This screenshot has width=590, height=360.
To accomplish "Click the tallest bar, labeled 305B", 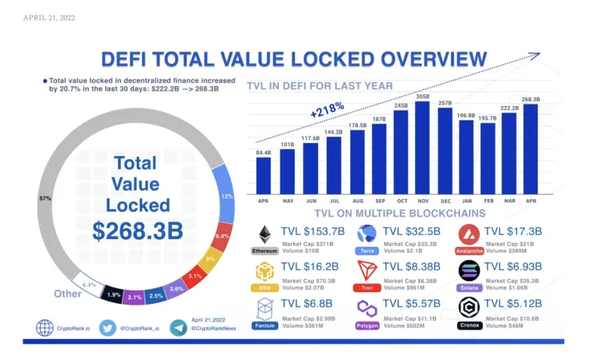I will (x=422, y=148).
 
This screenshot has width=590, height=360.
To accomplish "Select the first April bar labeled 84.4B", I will (x=263, y=176).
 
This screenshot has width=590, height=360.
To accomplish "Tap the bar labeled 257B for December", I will (x=445, y=151).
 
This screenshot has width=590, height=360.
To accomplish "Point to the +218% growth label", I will (x=327, y=109).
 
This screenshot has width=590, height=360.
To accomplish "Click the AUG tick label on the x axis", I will (x=357, y=201).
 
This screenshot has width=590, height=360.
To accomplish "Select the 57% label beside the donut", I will (x=45, y=199).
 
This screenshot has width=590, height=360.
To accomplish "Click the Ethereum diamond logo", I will (x=265, y=234).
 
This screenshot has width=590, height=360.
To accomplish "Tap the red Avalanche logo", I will (x=469, y=234).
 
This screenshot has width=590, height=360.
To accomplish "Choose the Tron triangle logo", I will (x=367, y=271).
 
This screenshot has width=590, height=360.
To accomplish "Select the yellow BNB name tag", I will (x=265, y=288).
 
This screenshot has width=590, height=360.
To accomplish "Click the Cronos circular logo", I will (x=469, y=308).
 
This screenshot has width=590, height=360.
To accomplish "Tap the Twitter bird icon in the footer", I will (x=109, y=328).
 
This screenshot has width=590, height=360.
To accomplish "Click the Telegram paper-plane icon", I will (x=177, y=328).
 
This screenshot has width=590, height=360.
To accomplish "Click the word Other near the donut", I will (x=68, y=294).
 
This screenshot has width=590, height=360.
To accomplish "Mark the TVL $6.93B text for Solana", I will (x=517, y=267).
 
